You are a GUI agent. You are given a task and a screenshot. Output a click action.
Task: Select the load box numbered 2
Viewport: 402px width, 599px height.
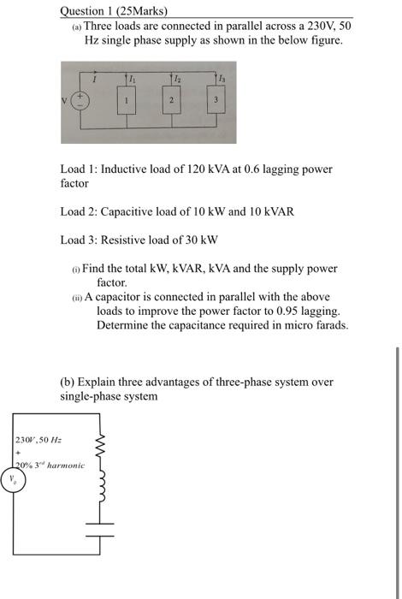click(x=171, y=100)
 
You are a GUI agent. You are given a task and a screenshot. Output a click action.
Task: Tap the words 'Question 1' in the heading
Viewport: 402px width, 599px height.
click(x=86, y=11)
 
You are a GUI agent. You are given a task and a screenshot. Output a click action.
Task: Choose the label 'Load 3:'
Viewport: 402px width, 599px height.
click(x=79, y=240)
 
